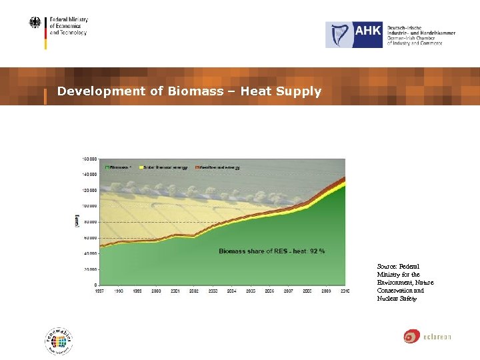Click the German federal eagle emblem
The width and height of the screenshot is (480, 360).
[x=35, y=23]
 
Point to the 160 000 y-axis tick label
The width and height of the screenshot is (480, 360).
[x=89, y=159]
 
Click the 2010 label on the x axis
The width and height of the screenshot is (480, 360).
[x=345, y=291]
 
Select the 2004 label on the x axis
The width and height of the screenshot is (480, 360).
[x=231, y=291]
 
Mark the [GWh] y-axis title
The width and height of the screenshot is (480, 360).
[x=77, y=221]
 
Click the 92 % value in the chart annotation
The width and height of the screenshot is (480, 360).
[x=317, y=251]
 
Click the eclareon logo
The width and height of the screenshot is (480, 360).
[x=427, y=337]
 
